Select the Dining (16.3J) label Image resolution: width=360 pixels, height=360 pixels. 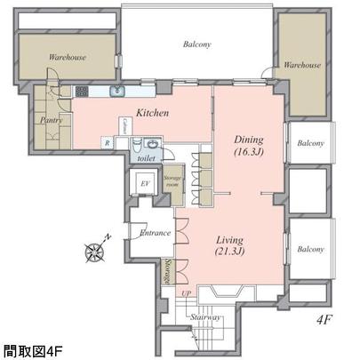point(249,144)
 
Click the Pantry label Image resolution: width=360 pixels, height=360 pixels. point(50,120)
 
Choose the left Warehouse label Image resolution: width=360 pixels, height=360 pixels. point(67,58)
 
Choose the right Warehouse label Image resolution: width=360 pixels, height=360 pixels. point(302,65)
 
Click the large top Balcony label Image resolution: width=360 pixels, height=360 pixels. point(197,44)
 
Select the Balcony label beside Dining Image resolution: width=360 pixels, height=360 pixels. point(310,143)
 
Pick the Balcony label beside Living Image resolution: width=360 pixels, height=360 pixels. point(310,250)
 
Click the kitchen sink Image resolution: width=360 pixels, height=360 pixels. point(116,92)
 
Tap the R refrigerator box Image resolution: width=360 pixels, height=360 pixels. point(108,142)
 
